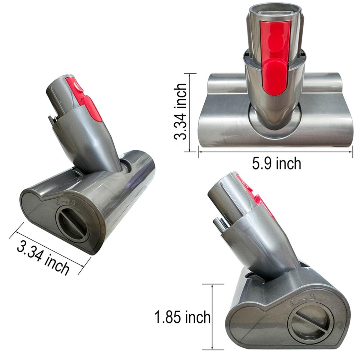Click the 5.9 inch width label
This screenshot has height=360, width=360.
277,164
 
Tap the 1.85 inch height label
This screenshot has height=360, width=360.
182,317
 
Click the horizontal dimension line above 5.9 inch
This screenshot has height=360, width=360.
275,152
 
